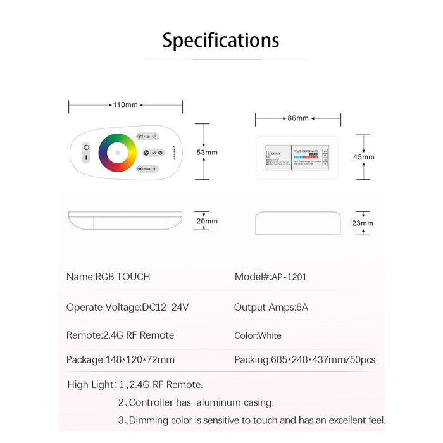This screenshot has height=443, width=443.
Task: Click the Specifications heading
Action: (221, 41)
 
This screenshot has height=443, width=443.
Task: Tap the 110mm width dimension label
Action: (125, 105)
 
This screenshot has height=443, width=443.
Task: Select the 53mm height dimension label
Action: (206, 153)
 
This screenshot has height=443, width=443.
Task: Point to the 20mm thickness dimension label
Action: (206, 221)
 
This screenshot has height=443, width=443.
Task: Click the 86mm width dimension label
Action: (297, 118)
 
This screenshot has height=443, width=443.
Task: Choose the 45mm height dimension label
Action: (364, 157)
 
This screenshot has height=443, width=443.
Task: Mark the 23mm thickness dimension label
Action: (363, 223)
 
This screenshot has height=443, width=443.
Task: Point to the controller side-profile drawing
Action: (297, 223)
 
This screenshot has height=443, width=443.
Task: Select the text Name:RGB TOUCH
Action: (108, 277)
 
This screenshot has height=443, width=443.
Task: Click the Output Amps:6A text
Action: (271, 308)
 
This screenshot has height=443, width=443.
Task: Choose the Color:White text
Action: (258, 335)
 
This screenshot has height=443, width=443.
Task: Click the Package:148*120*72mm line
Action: (120, 359)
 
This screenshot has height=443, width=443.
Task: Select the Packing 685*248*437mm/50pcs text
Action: (304, 359)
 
